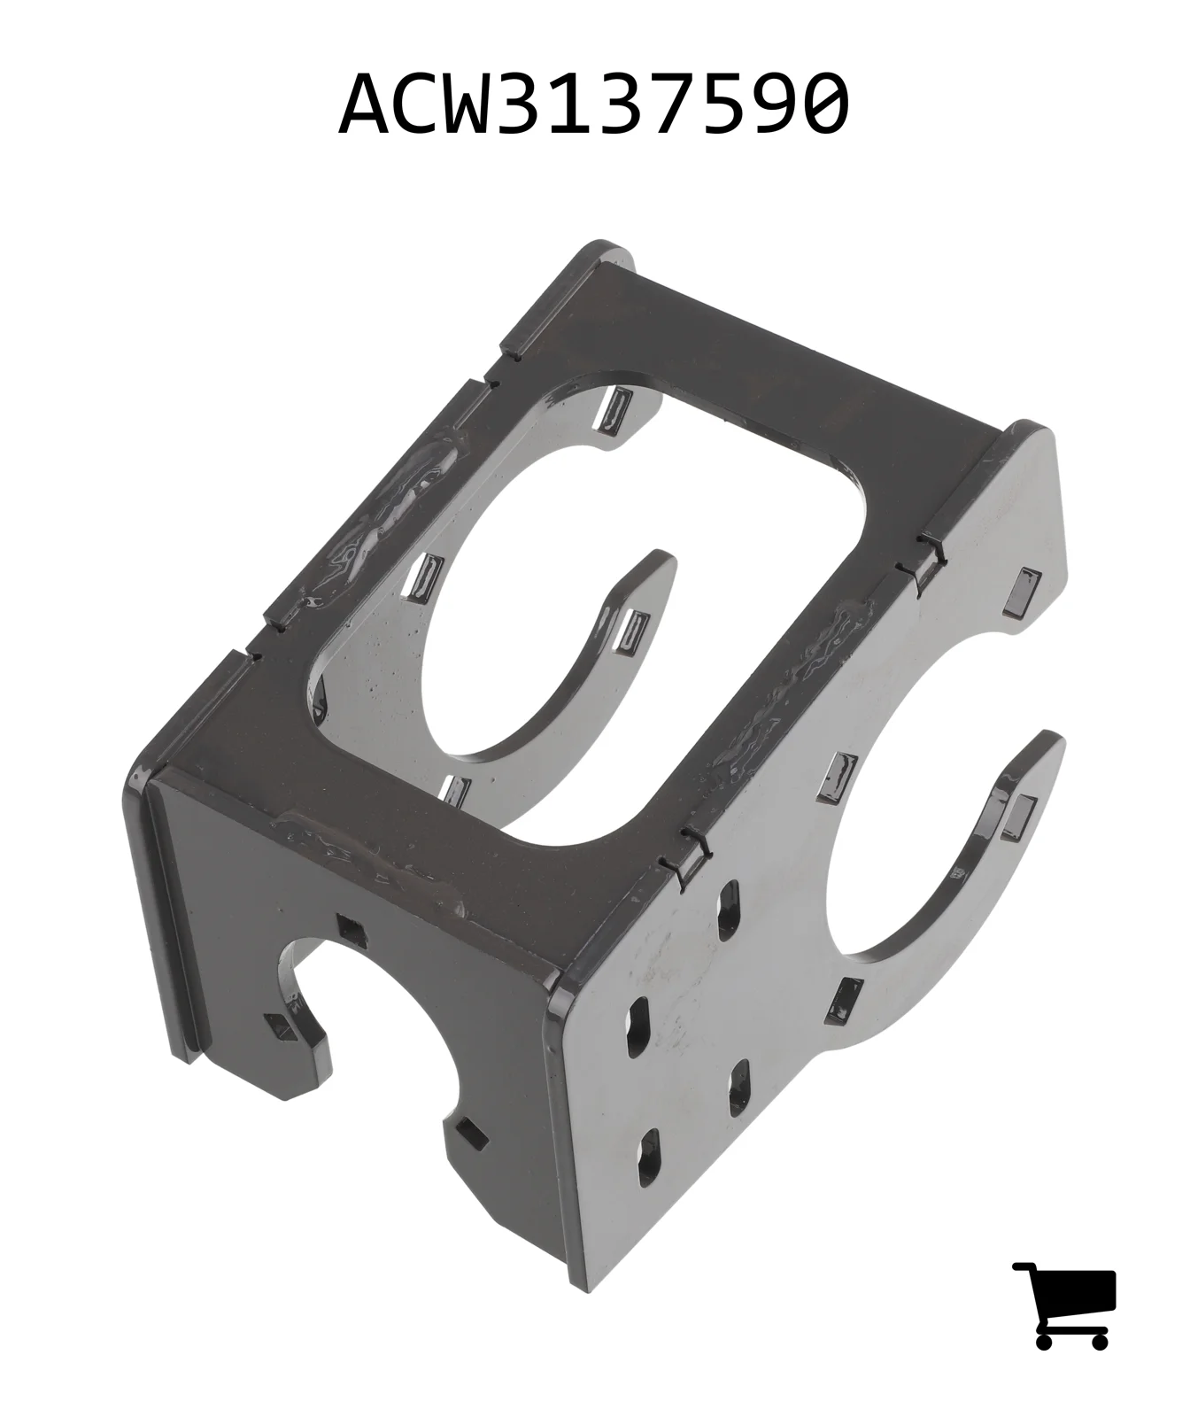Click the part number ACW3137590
tap(594, 104)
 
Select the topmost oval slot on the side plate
tap(728, 910)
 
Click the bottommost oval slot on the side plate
tap(651, 1158)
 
